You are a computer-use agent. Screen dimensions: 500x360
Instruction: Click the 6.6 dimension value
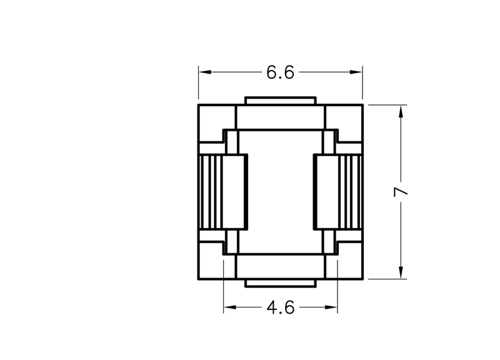coord(280,72)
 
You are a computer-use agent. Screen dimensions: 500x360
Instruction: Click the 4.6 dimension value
coord(280,307)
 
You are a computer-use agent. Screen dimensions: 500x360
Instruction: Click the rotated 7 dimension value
coord(401,191)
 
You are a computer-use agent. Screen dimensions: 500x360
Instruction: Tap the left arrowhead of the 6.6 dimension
coord(205,72)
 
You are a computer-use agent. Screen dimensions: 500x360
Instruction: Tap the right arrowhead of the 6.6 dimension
coord(356,72)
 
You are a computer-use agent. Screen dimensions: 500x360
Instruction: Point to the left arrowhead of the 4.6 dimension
coord(230,307)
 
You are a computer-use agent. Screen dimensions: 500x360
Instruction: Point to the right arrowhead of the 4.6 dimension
coord(331,307)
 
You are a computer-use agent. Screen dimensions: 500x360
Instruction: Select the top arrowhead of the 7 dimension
coord(401,111)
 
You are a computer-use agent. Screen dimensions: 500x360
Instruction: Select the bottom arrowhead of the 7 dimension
coord(401,272)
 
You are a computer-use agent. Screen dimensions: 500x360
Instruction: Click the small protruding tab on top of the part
coord(281,101)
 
